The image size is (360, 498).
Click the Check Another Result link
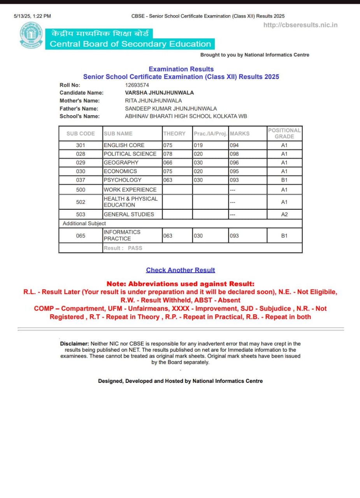coord(180,270)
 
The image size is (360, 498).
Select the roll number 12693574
coord(137,85)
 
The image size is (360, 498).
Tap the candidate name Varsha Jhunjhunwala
coord(159,93)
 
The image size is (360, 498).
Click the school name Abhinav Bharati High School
coord(186,116)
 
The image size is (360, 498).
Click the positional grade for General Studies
coord(284,214)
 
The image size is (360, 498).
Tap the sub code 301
coord(81,145)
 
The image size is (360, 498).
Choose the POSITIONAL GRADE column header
coord(284,133)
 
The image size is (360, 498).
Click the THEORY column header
coord(174,133)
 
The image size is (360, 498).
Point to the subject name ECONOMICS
coord(120,171)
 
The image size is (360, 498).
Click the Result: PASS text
coord(123,248)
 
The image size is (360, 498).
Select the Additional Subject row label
coord(84,224)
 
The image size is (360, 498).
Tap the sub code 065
coord(81,236)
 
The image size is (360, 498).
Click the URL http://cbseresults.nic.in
coord(300,25)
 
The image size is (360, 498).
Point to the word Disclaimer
coord(74,344)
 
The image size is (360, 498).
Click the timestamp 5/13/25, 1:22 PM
coord(32,16)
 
